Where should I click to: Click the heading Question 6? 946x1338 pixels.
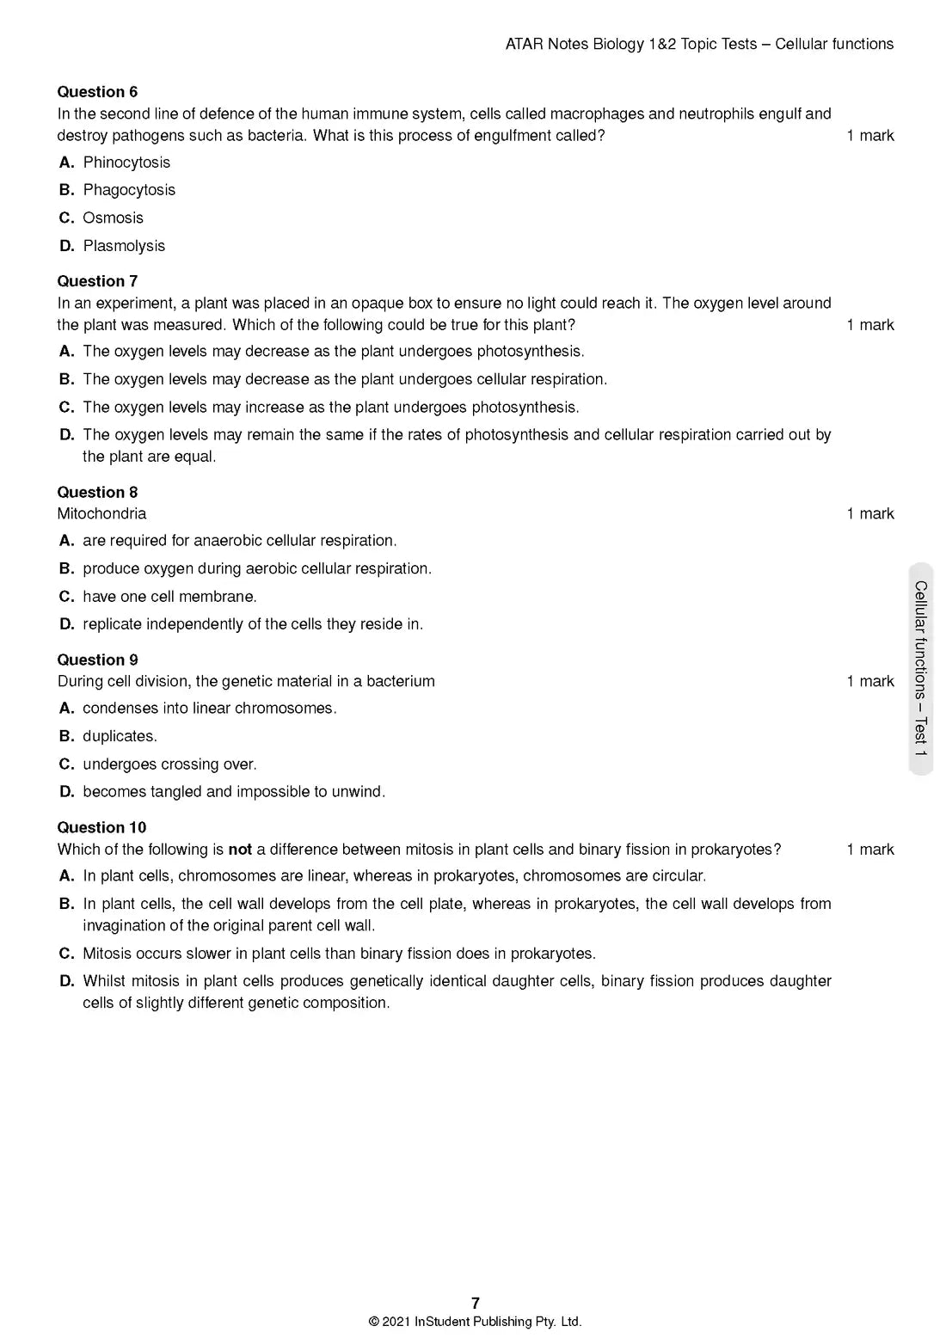pyautogui.click(x=97, y=92)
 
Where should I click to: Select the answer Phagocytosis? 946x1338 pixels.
pyautogui.click(x=129, y=190)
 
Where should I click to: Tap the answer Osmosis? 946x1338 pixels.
pyautogui.click(x=113, y=218)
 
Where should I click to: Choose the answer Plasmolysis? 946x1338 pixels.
pyautogui.click(x=124, y=246)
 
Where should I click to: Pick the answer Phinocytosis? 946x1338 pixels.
pyautogui.click(x=126, y=163)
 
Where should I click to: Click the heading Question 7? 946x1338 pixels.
pyautogui.click(x=97, y=281)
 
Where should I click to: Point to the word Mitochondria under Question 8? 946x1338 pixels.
pyautogui.click(x=101, y=513)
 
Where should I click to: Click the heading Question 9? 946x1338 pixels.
pyautogui.click(x=97, y=660)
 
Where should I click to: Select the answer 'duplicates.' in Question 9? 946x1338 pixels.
pyautogui.click(x=120, y=736)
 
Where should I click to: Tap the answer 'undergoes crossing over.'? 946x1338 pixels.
pyautogui.click(x=169, y=764)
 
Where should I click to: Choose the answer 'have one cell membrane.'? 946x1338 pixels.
pyautogui.click(x=169, y=597)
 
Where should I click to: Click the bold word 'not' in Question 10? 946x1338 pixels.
pyautogui.click(x=240, y=850)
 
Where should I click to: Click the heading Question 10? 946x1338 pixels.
pyautogui.click(x=101, y=827)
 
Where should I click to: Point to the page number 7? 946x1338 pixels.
pyautogui.click(x=476, y=1303)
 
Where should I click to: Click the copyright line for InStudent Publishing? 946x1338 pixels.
pyautogui.click(x=475, y=1322)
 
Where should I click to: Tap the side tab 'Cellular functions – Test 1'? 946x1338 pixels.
pyautogui.click(x=920, y=669)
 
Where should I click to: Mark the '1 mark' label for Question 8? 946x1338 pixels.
pyautogui.click(x=870, y=513)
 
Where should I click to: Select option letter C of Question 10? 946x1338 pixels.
pyautogui.click(x=66, y=954)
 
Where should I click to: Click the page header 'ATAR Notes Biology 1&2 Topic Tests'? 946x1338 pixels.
pyautogui.click(x=631, y=44)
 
